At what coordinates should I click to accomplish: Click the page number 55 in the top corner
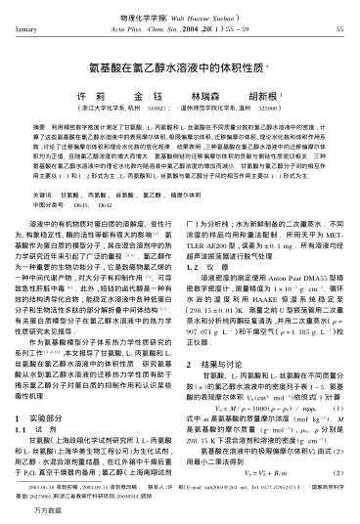pos(338,30)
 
